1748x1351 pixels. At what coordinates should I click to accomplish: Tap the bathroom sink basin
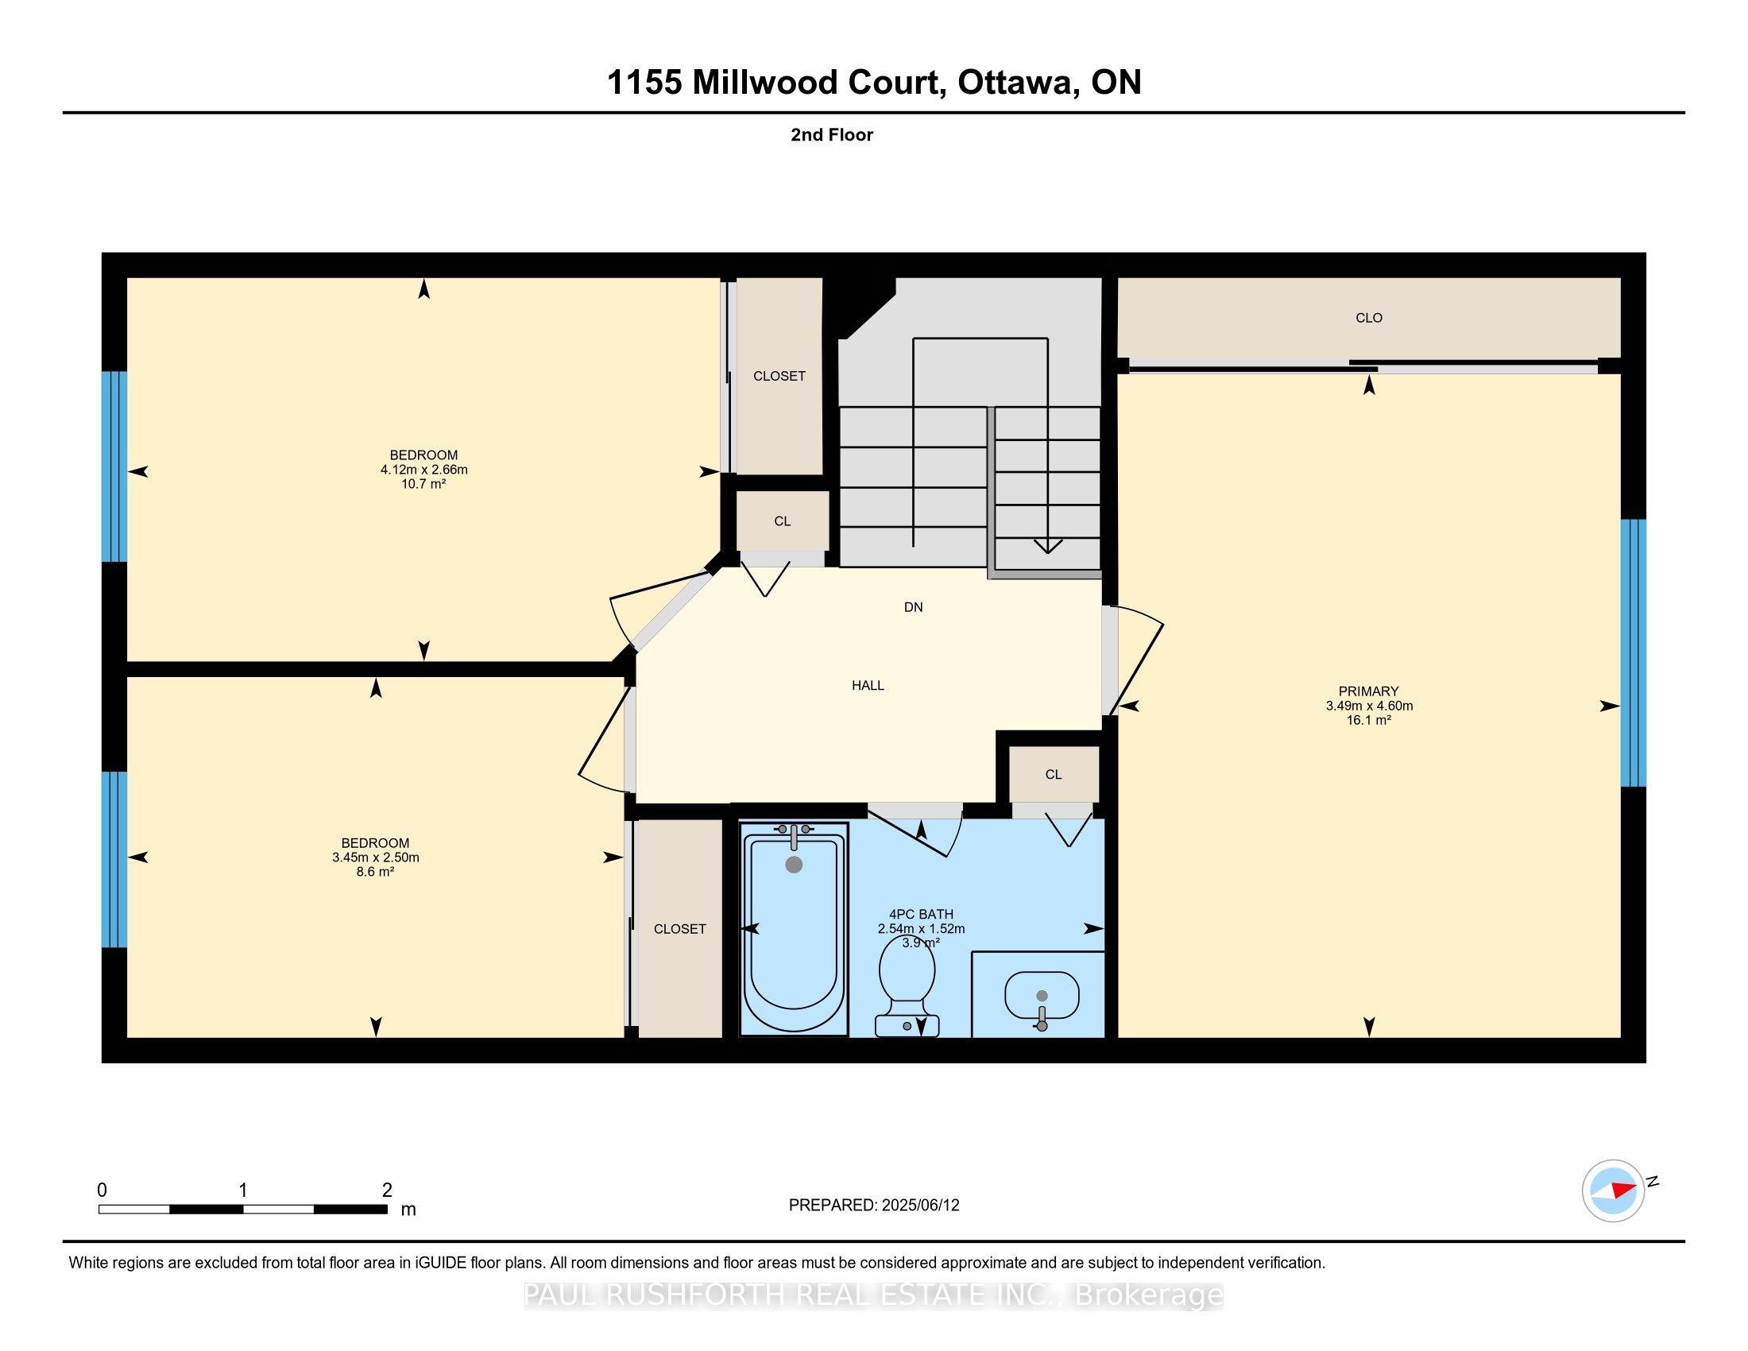point(1042,995)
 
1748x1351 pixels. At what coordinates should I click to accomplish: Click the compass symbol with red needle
point(1613,1190)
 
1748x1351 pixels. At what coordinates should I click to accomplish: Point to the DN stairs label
point(913,607)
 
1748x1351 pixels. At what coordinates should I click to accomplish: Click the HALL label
point(868,686)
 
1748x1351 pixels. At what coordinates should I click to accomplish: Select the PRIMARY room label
point(1368,691)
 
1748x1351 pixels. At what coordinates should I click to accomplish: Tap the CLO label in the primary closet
point(1369,319)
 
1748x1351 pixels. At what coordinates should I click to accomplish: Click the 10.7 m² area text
point(423,484)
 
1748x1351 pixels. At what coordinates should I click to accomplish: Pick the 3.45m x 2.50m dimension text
point(375,857)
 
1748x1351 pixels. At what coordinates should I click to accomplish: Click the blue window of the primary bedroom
point(1633,653)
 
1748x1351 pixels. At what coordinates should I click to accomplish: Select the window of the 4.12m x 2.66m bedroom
point(114,466)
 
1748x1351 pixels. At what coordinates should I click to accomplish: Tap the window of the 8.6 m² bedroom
point(114,860)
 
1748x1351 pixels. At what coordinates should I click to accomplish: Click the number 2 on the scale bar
point(387,1190)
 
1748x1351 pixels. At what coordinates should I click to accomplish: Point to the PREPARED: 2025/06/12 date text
point(873,1206)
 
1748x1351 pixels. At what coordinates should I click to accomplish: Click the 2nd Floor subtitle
point(832,135)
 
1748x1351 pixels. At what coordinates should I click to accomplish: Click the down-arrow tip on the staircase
point(1048,551)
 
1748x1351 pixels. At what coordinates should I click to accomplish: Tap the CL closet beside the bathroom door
point(1054,775)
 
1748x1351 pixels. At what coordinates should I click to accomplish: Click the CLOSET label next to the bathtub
point(679,929)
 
